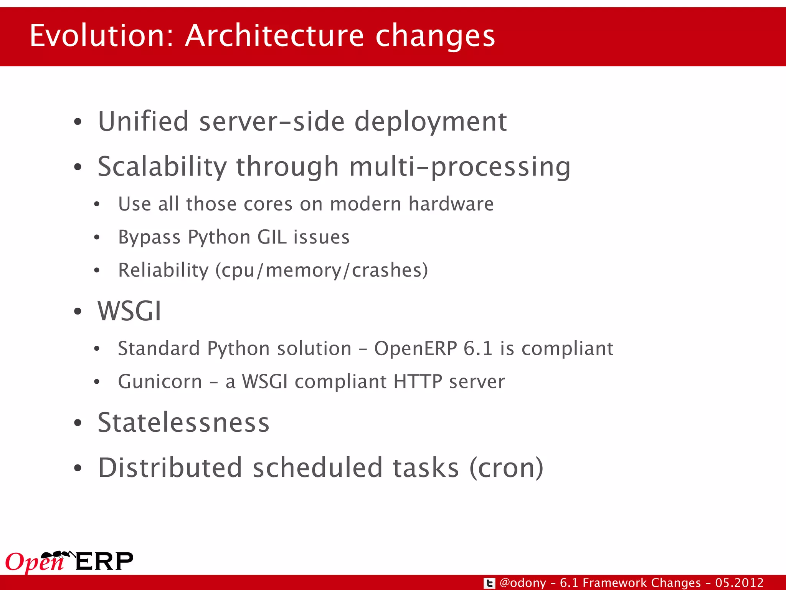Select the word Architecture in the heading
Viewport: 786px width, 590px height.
[x=274, y=36]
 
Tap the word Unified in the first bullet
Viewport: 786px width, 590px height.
[x=143, y=121]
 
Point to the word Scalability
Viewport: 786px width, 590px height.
[x=162, y=167]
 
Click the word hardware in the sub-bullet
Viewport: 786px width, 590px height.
[x=451, y=204]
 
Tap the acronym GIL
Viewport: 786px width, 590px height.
[x=272, y=237]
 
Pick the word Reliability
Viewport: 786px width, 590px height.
[x=163, y=270]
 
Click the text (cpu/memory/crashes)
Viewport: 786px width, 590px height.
[x=322, y=270]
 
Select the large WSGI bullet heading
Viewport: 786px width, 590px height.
[x=129, y=311]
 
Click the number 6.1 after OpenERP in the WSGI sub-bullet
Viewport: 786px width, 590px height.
[x=477, y=348]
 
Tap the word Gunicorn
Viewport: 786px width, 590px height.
[x=160, y=382]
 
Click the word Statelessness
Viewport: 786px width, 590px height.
[x=183, y=423]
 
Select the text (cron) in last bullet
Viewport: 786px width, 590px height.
[x=506, y=468]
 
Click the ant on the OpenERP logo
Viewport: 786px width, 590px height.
[x=58, y=555]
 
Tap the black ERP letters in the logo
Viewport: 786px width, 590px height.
[x=104, y=562]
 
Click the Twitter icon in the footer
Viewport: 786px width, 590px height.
[x=489, y=583]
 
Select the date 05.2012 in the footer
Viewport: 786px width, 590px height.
[x=739, y=583]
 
